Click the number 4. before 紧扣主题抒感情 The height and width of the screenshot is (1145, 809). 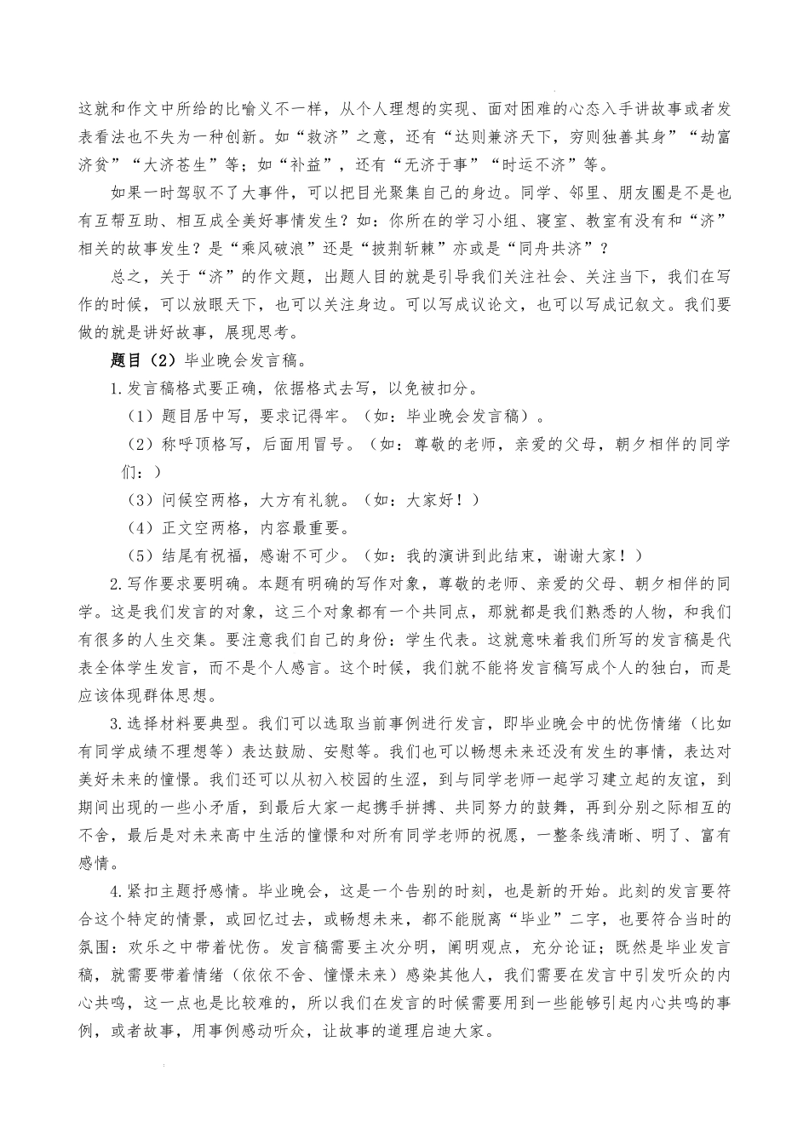117,891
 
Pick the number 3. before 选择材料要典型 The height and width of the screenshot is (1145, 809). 117,723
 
